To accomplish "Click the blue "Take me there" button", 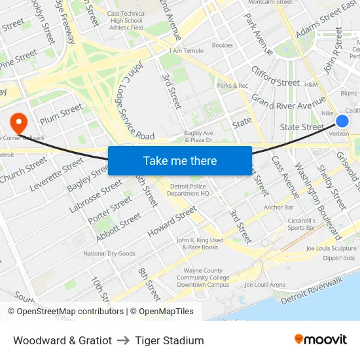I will pyautogui.click(x=180, y=160).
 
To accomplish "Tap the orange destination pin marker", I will pyautogui.click(x=18, y=120).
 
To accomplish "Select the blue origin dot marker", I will pyautogui.click(x=342, y=121).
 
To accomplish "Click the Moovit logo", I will pyautogui.click(x=320, y=340).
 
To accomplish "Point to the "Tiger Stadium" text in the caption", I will pyautogui.click(x=170, y=340).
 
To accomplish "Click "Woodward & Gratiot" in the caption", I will pyautogui.click(x=62, y=340).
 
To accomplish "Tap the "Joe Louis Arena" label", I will pyautogui.click(x=264, y=285).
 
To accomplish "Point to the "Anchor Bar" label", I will pyautogui.click(x=278, y=207).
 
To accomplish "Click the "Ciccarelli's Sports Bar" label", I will pyautogui.click(x=302, y=224).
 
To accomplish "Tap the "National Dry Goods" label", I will pyautogui.click(x=109, y=253).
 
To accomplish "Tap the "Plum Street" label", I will pyautogui.click(x=62, y=114).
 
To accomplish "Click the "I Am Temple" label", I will pyautogui.click(x=186, y=50).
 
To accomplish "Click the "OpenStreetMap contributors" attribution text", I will pyautogui.click(x=71, y=312).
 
